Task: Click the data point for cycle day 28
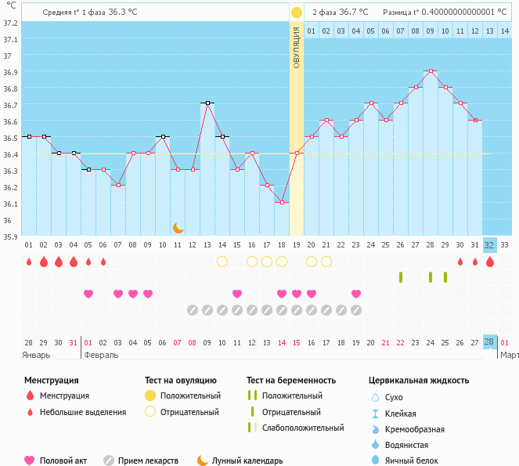pyautogui.click(x=431, y=70)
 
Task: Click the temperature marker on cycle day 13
pyautogui.click(x=207, y=103)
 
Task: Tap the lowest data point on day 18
pyautogui.click(x=282, y=202)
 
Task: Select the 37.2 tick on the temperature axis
pyautogui.click(x=9, y=23)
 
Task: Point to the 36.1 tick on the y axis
pyautogui.click(x=9, y=204)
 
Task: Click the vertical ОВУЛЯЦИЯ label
pyautogui.click(x=297, y=47)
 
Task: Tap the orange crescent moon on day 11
pyautogui.click(x=178, y=227)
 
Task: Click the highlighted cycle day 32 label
pyautogui.click(x=490, y=244)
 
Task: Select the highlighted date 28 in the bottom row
pyautogui.click(x=489, y=342)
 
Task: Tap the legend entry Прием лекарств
pyautogui.click(x=148, y=461)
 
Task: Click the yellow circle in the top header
pyautogui.click(x=297, y=13)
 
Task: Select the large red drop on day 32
pyautogui.click(x=490, y=262)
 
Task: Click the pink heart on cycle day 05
pyautogui.click(x=88, y=294)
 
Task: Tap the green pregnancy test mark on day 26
pyautogui.click(x=401, y=276)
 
